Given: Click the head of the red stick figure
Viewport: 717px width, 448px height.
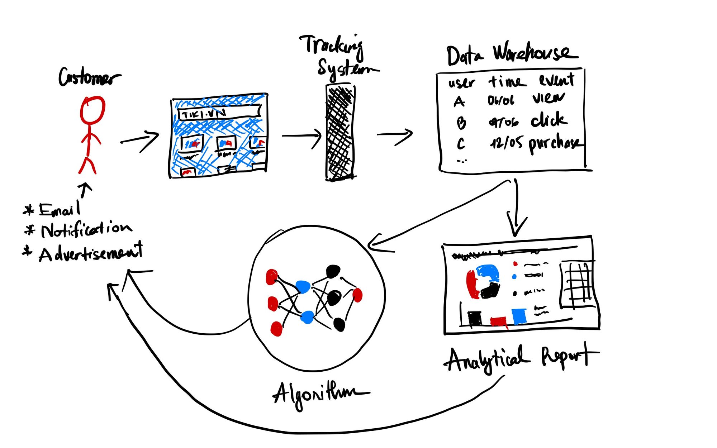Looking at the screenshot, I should (92, 110).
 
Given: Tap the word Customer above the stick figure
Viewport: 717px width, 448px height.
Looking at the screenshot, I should (89, 77).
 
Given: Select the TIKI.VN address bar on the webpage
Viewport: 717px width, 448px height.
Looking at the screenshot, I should (219, 113).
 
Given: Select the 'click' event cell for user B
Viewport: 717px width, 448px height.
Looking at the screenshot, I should (548, 120).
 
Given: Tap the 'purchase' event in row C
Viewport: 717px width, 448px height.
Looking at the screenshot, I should (554, 144).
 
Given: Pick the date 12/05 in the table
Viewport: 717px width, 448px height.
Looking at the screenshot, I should (507, 143).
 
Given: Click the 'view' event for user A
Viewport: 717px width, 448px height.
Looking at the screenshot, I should (548, 98).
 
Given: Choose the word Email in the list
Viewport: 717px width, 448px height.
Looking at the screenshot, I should (60, 210).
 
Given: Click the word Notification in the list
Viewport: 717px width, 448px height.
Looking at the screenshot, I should (86, 230).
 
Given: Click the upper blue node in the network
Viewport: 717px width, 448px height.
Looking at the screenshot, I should (303, 287).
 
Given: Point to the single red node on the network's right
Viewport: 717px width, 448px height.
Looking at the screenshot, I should (357, 295).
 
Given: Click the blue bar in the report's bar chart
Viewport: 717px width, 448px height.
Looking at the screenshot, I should (519, 316).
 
